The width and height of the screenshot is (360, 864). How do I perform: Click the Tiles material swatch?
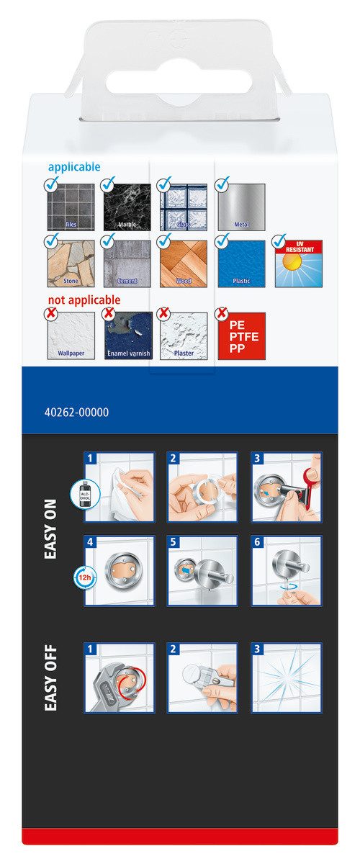71,208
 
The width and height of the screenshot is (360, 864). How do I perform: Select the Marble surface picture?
127,208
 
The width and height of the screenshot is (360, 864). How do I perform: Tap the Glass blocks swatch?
184,208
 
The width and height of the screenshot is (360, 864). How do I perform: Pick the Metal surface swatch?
241,208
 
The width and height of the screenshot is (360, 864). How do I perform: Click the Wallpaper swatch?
71,336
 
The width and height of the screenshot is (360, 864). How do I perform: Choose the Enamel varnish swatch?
127,336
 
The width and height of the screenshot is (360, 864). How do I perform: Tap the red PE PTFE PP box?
241,336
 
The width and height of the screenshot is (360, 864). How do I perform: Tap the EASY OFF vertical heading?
51,678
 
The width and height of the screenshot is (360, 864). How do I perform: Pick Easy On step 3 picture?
287,487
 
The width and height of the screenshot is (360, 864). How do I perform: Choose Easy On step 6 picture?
287,570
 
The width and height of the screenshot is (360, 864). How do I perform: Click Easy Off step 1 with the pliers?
119,678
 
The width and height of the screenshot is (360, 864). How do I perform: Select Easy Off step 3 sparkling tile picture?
287,678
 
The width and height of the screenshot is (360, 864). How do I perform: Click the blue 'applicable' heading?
74,167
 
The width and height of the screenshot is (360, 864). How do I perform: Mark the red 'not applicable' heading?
84,300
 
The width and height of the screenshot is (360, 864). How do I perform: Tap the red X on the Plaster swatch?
163,314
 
